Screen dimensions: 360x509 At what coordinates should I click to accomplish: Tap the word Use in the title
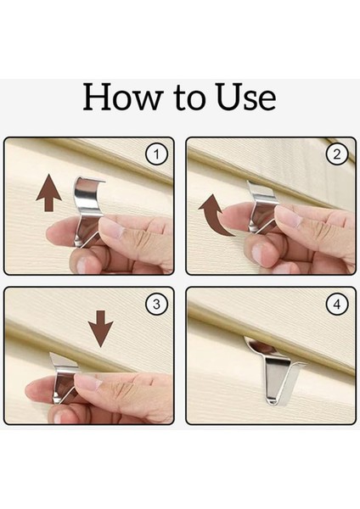tap(246, 97)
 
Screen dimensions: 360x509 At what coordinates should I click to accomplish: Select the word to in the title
tap(189, 98)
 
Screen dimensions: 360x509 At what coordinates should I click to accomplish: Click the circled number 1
tap(156, 154)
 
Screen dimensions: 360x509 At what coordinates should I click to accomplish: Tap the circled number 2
tap(337, 154)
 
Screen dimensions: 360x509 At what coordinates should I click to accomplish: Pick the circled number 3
tap(156, 305)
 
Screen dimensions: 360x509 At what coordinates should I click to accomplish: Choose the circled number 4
tap(337, 305)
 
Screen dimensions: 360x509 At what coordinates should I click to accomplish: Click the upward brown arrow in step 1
tap(48, 193)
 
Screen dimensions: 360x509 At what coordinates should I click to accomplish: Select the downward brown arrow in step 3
tap(101, 328)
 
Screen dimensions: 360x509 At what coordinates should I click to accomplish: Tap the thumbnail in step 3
tap(87, 382)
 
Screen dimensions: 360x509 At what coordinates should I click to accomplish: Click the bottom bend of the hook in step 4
tap(273, 402)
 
